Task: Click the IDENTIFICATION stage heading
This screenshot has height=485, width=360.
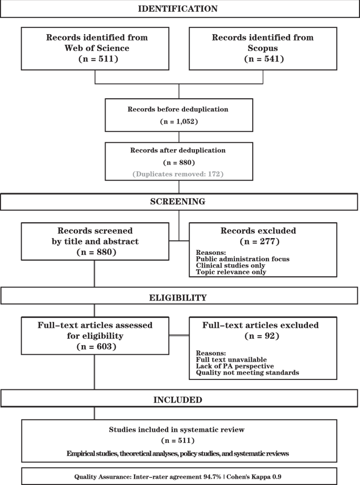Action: pyautogui.click(x=178, y=8)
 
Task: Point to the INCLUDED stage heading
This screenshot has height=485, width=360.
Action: pyautogui.click(x=178, y=400)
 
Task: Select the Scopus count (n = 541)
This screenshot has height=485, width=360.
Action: pyautogui.click(x=262, y=58)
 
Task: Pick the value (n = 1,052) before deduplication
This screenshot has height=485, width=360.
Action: pyautogui.click(x=179, y=121)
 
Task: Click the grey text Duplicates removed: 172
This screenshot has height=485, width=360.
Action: pyautogui.click(x=179, y=173)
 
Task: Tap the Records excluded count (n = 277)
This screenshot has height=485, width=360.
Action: pyautogui.click(x=262, y=242)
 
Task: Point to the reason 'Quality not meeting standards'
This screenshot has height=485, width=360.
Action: pyautogui.click(x=241, y=373)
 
